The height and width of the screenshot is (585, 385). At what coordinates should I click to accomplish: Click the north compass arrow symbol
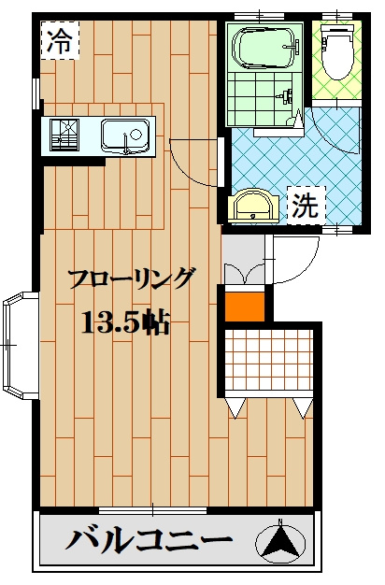click(x=280, y=543)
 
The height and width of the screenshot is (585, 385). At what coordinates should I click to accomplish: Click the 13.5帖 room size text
click(x=125, y=323)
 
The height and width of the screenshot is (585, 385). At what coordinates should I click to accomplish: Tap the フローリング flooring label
click(x=132, y=279)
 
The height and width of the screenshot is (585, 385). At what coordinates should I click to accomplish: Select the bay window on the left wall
click(x=19, y=346)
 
